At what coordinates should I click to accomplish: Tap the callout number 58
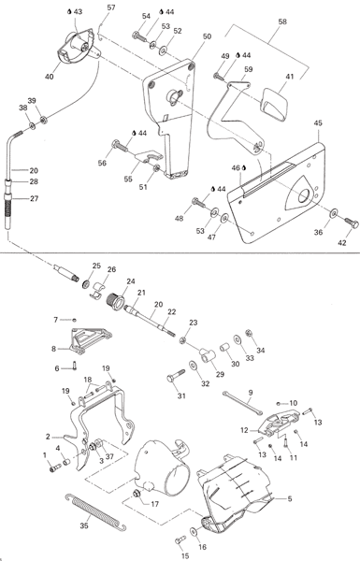pyautogui.click(x=282, y=22)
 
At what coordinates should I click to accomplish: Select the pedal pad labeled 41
pyautogui.click(x=275, y=103)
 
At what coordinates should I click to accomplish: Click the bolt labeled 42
pyautogui.click(x=352, y=223)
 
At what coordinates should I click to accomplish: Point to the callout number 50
pyautogui.click(x=207, y=36)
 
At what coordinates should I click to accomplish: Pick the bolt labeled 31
pyautogui.click(x=176, y=375)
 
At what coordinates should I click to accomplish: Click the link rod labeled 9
pyautogui.click(x=242, y=403)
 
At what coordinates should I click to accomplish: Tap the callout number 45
pyautogui.click(x=318, y=123)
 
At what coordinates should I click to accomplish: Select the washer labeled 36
pyautogui.click(x=334, y=213)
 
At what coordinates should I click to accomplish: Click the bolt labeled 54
pyautogui.click(x=140, y=36)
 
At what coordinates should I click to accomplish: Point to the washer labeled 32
pyautogui.click(x=194, y=367)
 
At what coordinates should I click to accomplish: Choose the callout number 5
pyautogui.click(x=290, y=498)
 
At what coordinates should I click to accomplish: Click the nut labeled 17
pyautogui.click(x=137, y=494)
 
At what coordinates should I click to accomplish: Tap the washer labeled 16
pyautogui.click(x=194, y=532)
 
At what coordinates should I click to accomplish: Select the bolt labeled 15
pyautogui.click(x=180, y=539)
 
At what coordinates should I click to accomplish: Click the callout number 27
pyautogui.click(x=35, y=198)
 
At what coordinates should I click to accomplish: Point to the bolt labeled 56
pyautogui.click(x=120, y=145)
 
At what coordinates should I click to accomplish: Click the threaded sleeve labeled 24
pyautogui.click(x=116, y=299)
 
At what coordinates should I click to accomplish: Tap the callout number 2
pyautogui.click(x=48, y=437)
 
